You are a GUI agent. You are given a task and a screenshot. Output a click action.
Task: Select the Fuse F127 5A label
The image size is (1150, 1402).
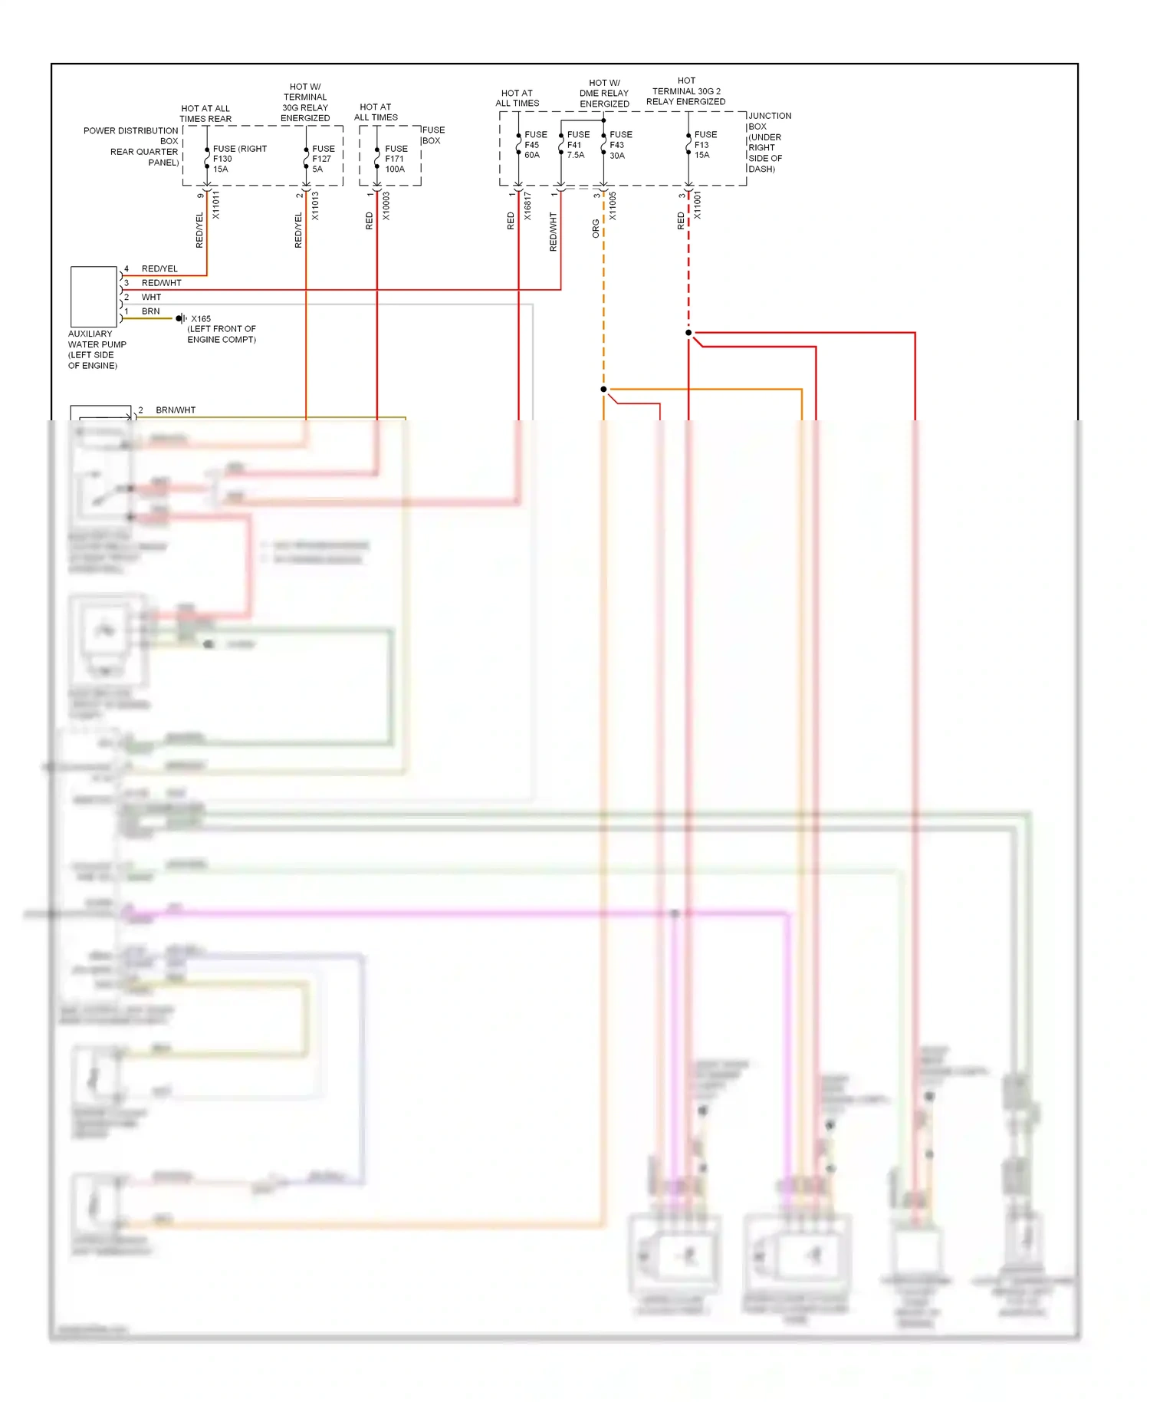coord(323,159)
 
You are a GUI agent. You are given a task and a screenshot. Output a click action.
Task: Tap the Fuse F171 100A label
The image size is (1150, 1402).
coord(396,159)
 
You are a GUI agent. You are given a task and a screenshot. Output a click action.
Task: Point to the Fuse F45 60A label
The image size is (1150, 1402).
coord(535,145)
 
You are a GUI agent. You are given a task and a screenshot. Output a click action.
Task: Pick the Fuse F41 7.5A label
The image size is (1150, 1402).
coord(577,145)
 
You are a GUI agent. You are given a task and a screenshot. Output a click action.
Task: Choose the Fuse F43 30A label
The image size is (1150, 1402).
coord(620,145)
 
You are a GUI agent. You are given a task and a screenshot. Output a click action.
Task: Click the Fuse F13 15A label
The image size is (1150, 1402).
coord(705,145)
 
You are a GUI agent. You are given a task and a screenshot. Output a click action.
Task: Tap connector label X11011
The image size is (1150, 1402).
coord(216,206)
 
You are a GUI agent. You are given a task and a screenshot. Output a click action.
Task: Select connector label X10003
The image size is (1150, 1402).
coord(386,206)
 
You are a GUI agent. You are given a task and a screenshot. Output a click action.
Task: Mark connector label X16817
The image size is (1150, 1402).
coord(527,206)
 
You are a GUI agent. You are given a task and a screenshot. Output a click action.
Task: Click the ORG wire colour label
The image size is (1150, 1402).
coord(596,229)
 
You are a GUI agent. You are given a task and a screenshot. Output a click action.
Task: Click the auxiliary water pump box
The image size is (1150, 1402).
coord(94,297)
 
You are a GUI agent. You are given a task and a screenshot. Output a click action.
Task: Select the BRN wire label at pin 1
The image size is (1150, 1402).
coord(151,311)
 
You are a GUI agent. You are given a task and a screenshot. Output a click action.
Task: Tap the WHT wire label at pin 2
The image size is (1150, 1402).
coord(152,297)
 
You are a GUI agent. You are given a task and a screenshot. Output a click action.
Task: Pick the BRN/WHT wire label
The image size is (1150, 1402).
coord(176,410)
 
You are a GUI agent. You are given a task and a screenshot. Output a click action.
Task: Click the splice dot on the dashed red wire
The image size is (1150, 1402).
coord(688,333)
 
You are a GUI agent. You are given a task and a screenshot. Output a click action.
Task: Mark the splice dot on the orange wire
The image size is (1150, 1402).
coord(603,390)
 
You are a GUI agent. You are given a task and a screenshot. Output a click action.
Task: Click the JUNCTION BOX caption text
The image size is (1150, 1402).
coord(768,143)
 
